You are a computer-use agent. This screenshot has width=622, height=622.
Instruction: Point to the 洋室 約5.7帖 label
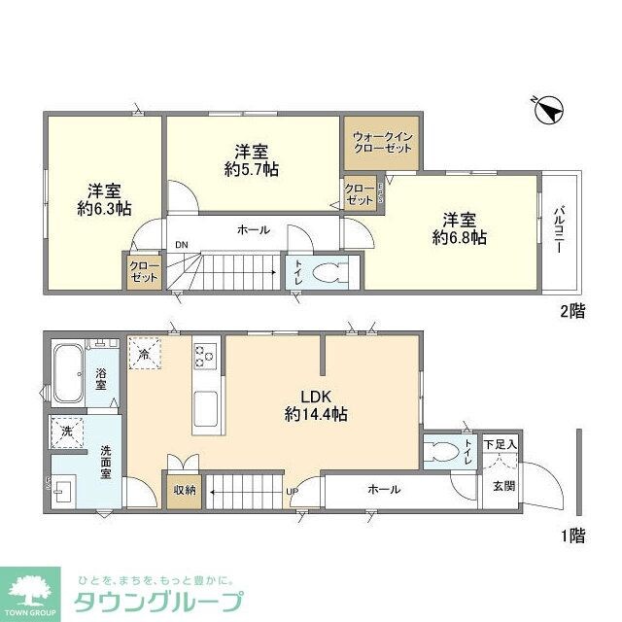click(x=251, y=160)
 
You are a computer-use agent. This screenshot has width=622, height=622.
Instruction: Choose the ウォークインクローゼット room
click(x=380, y=143)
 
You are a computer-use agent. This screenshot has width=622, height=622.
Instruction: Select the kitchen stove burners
click(x=206, y=356)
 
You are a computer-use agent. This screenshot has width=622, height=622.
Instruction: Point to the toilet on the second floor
click(x=331, y=271)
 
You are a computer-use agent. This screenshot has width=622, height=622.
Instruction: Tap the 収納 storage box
click(x=185, y=491)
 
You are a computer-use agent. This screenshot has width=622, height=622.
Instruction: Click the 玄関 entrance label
click(x=502, y=485)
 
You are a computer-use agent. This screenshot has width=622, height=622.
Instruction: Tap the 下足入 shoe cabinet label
click(x=501, y=443)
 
